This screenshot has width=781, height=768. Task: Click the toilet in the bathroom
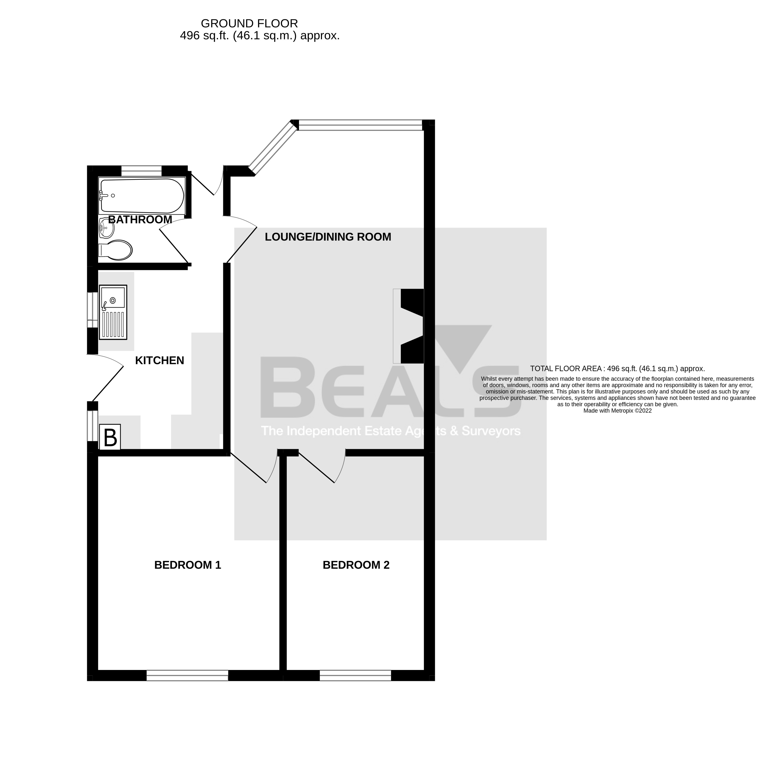point(116,250)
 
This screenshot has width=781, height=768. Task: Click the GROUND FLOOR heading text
point(249,23)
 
